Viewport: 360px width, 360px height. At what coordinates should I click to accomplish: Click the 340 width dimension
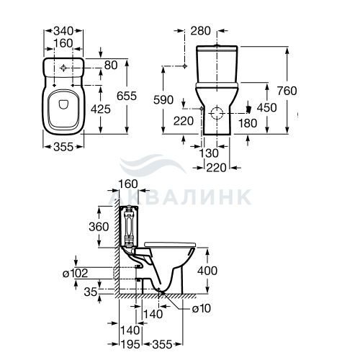(63, 31)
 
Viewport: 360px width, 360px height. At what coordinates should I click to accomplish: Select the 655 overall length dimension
(127, 96)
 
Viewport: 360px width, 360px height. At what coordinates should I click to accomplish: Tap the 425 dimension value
(101, 109)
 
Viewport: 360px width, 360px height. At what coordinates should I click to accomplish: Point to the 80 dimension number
(111, 66)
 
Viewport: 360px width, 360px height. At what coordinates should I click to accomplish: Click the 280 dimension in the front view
(201, 31)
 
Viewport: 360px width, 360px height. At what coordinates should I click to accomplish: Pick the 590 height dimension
(163, 100)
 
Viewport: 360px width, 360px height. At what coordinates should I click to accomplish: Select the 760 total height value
(287, 91)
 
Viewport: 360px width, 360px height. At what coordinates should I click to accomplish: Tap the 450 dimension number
(267, 108)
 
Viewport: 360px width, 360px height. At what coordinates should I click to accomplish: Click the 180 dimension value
(248, 123)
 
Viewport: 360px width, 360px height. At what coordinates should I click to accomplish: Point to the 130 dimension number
(209, 153)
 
